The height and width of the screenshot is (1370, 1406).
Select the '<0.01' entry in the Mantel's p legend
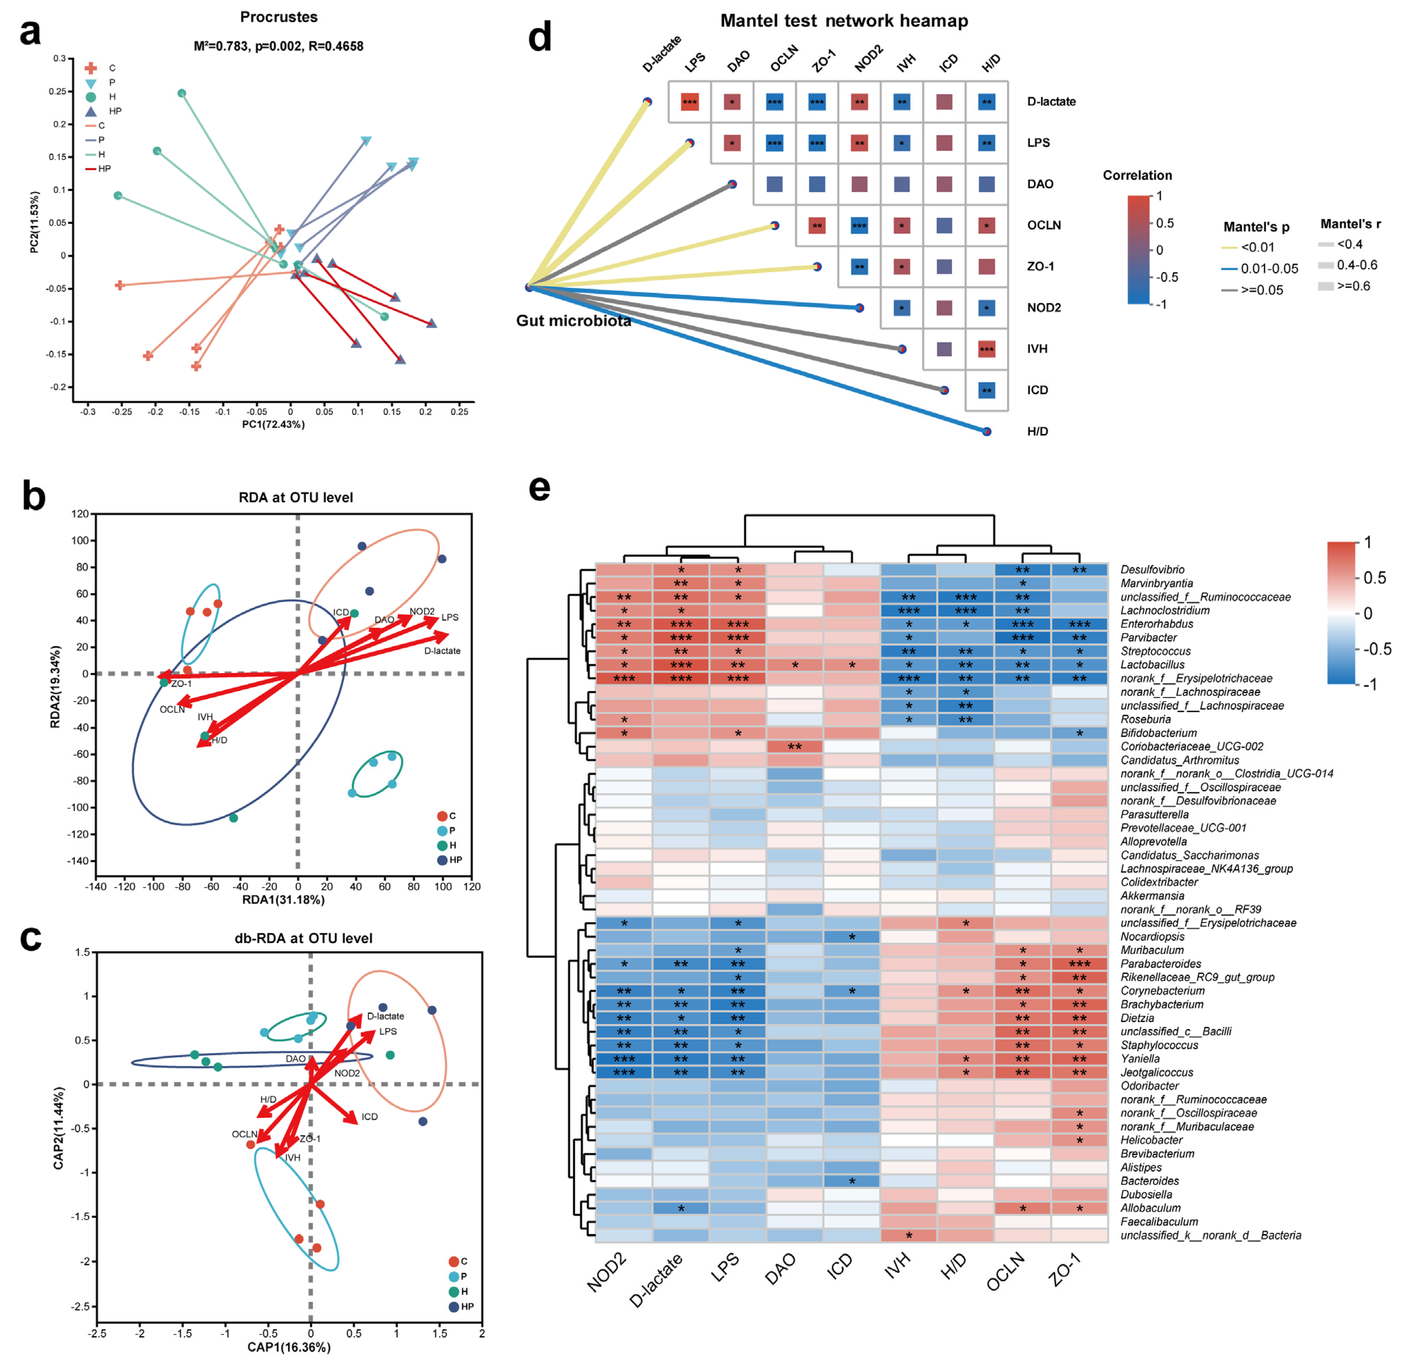1257,247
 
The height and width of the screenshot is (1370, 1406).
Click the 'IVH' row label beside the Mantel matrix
1037,349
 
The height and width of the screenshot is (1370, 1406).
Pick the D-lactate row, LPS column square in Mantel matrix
689,101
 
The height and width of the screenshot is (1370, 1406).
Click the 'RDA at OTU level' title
296,497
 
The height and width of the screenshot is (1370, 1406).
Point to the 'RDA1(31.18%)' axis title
283,900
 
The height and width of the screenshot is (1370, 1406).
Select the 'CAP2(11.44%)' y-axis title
59,1128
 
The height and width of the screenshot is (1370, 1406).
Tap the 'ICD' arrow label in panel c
369,1117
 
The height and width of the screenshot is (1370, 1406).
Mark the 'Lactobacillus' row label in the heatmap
1152,665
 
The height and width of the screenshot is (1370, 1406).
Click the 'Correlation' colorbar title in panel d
1137,176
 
